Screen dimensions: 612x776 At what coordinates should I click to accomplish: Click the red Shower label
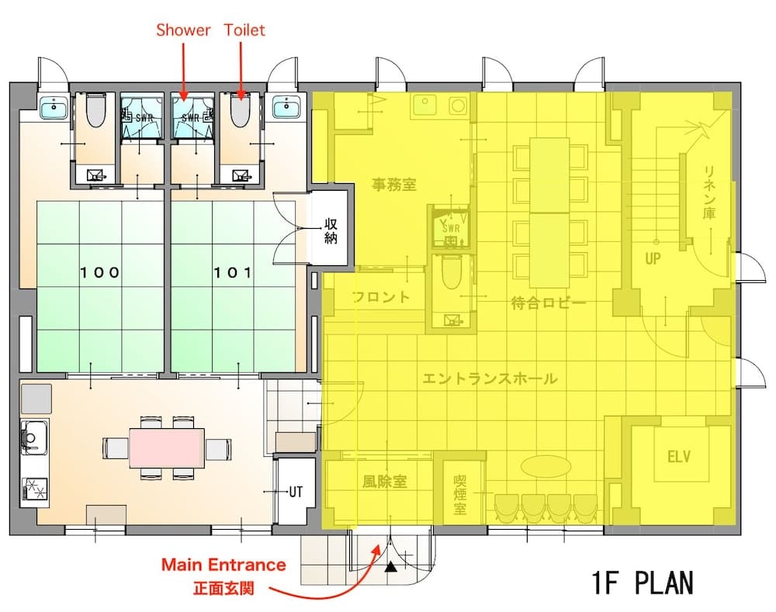pyautogui.click(x=183, y=30)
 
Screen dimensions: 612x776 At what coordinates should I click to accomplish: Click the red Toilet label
pyautogui.click(x=244, y=30)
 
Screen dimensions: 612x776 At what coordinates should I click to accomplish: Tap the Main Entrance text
pyautogui.click(x=223, y=565)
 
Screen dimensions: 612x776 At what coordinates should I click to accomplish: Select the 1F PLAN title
pyautogui.click(x=641, y=582)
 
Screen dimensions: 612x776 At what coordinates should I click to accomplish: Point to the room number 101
pyautogui.click(x=233, y=272)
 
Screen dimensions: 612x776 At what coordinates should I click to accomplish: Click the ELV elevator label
pyautogui.click(x=678, y=455)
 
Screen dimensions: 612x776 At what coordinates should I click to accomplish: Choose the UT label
pyautogui.click(x=296, y=492)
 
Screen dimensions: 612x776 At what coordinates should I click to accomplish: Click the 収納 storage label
pyautogui.click(x=331, y=231)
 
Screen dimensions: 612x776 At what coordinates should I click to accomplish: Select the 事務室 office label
pyautogui.click(x=394, y=185)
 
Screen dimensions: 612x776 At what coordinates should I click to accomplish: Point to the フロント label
pyautogui.click(x=380, y=297)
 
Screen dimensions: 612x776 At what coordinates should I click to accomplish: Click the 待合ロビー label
pyautogui.click(x=548, y=303)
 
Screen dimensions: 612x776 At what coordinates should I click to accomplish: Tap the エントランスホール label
pyautogui.click(x=489, y=379)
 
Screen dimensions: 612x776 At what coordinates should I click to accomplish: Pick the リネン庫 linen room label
pyautogui.click(x=708, y=192)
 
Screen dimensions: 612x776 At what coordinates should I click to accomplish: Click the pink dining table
pyautogui.click(x=167, y=448)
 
